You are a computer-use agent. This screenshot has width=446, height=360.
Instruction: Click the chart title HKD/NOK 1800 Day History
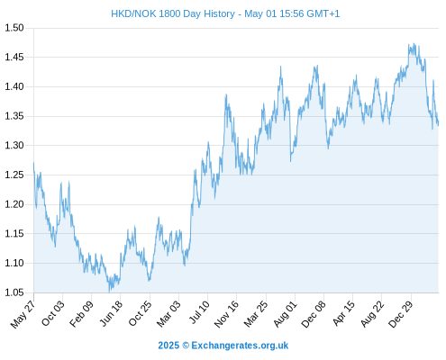[x=173, y=13]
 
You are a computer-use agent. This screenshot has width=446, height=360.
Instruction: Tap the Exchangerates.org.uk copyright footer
[x=223, y=346]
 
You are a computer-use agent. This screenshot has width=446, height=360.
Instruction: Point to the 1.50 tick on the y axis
[x=14, y=28]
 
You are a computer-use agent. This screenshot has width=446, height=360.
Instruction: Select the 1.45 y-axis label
[x=14, y=57]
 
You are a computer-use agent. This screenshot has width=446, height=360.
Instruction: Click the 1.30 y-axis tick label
[x=14, y=146]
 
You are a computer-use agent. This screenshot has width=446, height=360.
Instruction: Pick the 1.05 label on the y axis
[x=14, y=292]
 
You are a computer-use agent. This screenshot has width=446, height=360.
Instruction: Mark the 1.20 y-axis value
[x=14, y=204]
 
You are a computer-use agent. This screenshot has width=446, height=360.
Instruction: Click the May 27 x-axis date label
[x=23, y=314]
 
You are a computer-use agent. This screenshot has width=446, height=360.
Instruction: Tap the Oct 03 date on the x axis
[x=52, y=313]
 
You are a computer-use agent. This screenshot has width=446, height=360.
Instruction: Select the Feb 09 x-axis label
[x=81, y=314]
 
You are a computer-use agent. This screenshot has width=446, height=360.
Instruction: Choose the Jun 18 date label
[x=111, y=313]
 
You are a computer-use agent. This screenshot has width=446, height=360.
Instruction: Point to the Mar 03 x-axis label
[x=168, y=314]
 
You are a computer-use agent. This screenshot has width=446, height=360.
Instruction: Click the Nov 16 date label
[x=226, y=314]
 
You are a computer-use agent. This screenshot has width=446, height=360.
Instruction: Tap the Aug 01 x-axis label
[x=285, y=314]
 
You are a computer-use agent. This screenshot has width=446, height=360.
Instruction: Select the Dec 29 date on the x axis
[x=401, y=314]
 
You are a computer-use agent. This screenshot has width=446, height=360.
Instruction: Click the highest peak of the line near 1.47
[x=414, y=43]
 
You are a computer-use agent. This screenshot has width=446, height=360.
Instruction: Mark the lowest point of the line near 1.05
[x=109, y=292]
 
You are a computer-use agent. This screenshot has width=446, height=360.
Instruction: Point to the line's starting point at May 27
[x=33, y=163]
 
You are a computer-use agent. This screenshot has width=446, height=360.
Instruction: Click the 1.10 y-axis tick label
[x=14, y=263]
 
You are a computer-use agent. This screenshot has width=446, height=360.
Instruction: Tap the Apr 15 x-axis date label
[x=343, y=314]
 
